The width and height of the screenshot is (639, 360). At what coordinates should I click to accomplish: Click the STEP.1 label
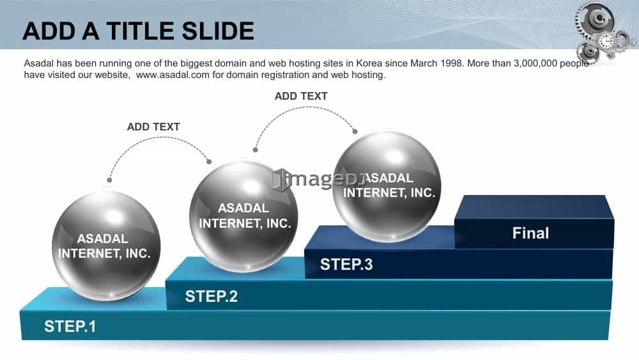click(x=70, y=326)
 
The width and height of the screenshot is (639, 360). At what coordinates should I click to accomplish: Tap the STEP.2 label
click(x=211, y=296)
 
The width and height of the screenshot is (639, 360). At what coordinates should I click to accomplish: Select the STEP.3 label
click(x=346, y=264)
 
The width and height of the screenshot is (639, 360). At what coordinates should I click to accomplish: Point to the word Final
click(x=530, y=233)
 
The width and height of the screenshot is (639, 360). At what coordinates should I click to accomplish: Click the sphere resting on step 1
click(x=106, y=246)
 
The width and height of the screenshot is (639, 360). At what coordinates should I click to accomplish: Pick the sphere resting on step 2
click(x=243, y=215)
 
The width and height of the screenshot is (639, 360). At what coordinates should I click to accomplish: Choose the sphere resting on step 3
click(x=387, y=186)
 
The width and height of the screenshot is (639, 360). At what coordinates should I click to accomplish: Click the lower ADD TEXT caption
click(x=153, y=127)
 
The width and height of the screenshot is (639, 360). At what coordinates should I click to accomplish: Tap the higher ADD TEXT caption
click(x=301, y=96)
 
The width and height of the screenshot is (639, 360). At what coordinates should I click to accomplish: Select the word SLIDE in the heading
click(x=218, y=31)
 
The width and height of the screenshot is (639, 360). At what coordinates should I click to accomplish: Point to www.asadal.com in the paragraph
click(x=173, y=75)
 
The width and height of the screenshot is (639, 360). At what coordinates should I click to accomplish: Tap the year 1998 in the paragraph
click(x=453, y=63)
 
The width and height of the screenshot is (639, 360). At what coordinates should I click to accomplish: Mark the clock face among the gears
click(x=606, y=41)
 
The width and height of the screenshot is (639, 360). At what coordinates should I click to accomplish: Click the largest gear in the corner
click(x=596, y=19)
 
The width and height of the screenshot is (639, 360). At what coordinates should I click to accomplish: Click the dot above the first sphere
click(x=109, y=180)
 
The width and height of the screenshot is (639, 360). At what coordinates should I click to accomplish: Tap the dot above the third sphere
click(x=355, y=131)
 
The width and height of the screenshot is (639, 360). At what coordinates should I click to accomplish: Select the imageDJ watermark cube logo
click(x=282, y=180)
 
